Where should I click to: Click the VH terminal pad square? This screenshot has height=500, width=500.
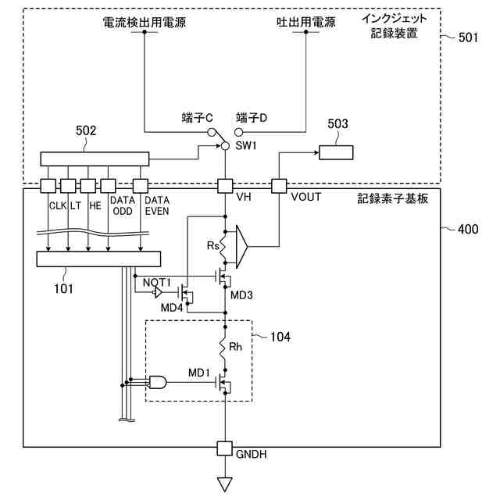pyautogui.click(x=225, y=186)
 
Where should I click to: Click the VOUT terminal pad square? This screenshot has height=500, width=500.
pyautogui.click(x=279, y=186)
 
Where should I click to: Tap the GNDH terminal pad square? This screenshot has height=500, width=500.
pyautogui.click(x=224, y=448)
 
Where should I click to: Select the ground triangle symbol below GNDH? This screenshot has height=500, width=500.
pyautogui.click(x=225, y=484)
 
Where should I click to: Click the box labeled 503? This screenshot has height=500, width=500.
pyautogui.click(x=336, y=152)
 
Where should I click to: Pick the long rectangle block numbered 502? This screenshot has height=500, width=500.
pyautogui.click(x=95, y=159)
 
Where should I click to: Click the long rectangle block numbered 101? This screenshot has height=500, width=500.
pyautogui.click(x=98, y=259)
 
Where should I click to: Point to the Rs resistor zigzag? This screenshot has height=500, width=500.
pyautogui.click(x=223, y=247)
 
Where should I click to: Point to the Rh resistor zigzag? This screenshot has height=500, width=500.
pyautogui.click(x=223, y=348)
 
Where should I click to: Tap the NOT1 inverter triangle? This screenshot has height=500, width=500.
pyautogui.click(x=157, y=291)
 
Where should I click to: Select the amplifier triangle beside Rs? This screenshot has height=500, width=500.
pyautogui.click(x=241, y=247)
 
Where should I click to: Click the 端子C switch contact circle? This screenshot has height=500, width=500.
pyautogui.click(x=211, y=132)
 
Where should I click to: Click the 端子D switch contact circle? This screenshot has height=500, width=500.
pyautogui.click(x=238, y=132)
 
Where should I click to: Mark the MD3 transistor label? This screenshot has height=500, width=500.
pyautogui.click(x=241, y=295)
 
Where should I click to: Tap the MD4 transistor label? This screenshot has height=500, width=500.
pyautogui.click(x=172, y=308)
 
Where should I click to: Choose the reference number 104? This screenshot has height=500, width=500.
pyautogui.click(x=280, y=337)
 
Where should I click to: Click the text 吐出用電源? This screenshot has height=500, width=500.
pyautogui.click(x=305, y=23)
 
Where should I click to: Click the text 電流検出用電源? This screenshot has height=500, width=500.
pyautogui.click(x=144, y=23)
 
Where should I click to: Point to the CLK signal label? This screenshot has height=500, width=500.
pyautogui.click(x=57, y=205)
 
